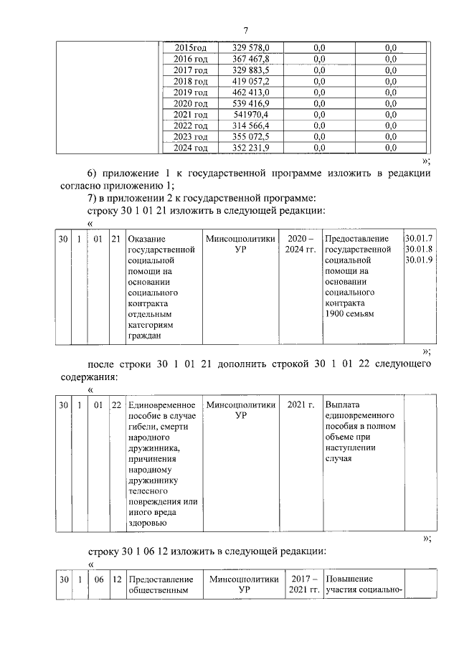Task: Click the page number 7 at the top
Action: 245,29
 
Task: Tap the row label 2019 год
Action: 191,93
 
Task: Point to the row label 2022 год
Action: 191,125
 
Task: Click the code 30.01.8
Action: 418,249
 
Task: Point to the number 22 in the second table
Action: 116,405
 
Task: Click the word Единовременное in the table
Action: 161,405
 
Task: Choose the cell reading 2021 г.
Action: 301,405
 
